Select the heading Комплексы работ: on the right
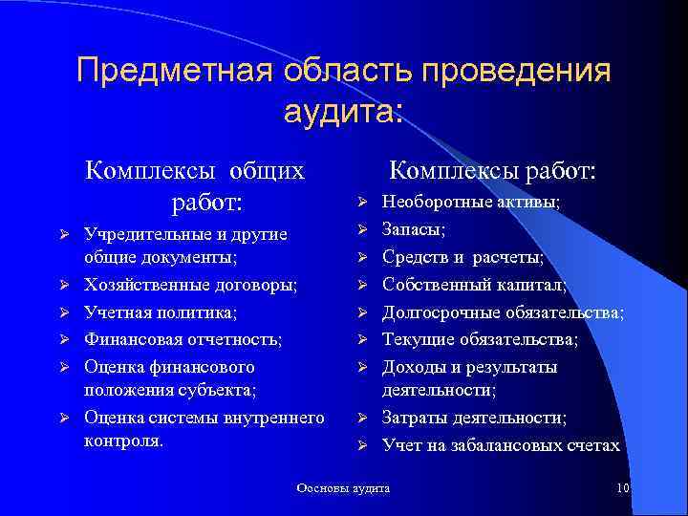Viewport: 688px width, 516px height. (493, 171)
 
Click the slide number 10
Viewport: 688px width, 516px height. (622, 489)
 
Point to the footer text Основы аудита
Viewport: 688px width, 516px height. (344, 488)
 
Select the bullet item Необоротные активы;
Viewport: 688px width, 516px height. (471, 203)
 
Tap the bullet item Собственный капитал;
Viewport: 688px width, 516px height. (474, 285)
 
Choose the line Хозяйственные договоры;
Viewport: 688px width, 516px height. (190, 285)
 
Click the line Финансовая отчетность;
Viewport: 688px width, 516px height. (183, 338)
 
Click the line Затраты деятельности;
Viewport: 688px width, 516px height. (474, 418)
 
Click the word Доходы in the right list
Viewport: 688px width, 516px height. (414, 367)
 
